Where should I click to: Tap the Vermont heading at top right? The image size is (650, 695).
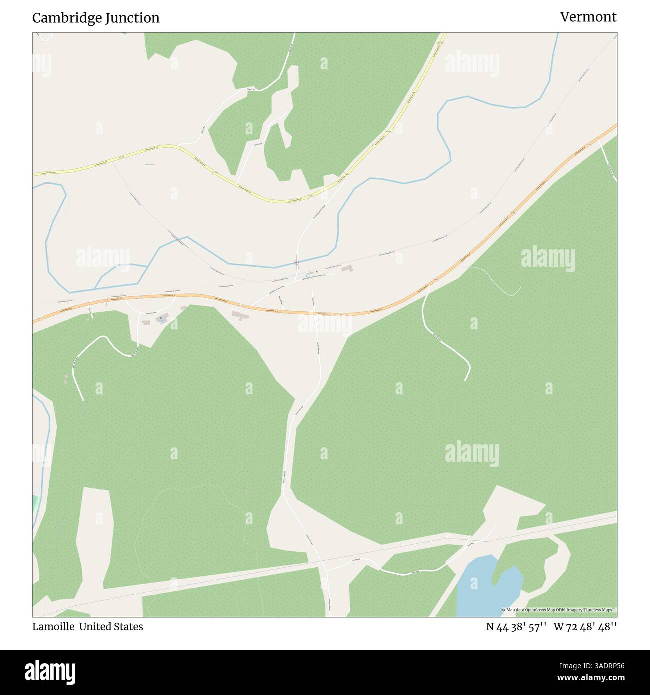[588, 17]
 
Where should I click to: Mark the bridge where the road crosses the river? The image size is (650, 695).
[296, 261]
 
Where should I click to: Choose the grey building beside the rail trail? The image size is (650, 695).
[346, 269]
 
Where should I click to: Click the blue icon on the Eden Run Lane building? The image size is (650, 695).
[161, 318]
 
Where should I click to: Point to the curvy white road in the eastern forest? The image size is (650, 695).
[445, 345]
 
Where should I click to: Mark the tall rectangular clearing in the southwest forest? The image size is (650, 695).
[95, 535]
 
